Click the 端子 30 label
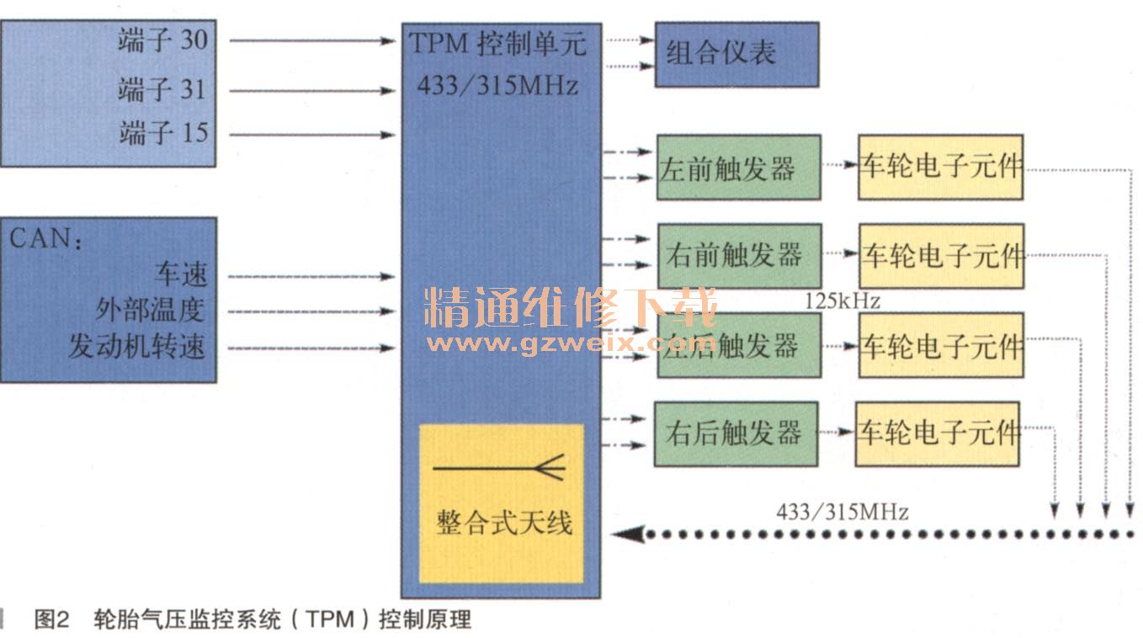(x=162, y=40)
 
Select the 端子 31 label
(x=162, y=89)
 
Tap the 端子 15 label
(x=162, y=133)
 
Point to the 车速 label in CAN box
(x=179, y=274)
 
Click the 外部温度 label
(x=150, y=311)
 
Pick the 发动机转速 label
(x=136, y=347)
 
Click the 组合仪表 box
(x=736, y=55)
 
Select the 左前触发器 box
(x=738, y=167)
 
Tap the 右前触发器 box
(x=738, y=255)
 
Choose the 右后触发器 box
(x=735, y=433)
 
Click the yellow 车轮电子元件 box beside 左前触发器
(x=940, y=167)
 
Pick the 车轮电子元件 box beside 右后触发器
(x=937, y=433)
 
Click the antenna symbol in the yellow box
(x=500, y=468)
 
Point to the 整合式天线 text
(x=503, y=523)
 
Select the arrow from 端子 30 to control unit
(x=311, y=40)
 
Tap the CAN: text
(x=45, y=238)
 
